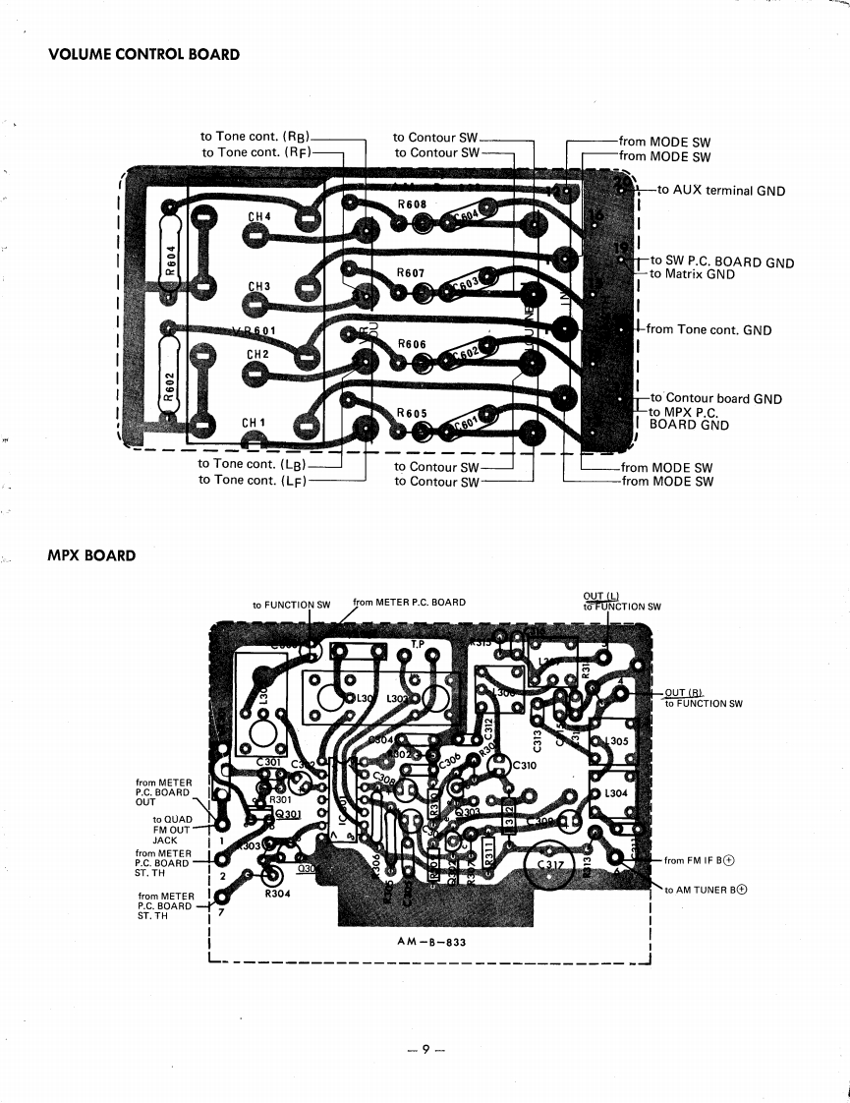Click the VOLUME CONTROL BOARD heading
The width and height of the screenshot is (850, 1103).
tap(143, 54)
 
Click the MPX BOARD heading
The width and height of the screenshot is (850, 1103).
tap(91, 556)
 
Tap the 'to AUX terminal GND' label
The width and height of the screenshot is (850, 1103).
tap(721, 191)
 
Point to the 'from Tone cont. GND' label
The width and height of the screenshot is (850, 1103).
tap(708, 330)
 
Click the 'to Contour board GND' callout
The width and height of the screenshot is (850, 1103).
tap(715, 399)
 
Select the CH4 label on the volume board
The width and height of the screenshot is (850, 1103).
tap(258, 216)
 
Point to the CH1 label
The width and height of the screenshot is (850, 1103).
tap(255, 424)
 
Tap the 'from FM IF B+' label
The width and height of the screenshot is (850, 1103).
tap(700, 861)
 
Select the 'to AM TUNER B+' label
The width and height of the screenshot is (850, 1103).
tap(706, 891)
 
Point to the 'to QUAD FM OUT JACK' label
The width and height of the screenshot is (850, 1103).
tap(173, 830)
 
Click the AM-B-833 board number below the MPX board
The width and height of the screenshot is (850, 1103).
tap(431, 942)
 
